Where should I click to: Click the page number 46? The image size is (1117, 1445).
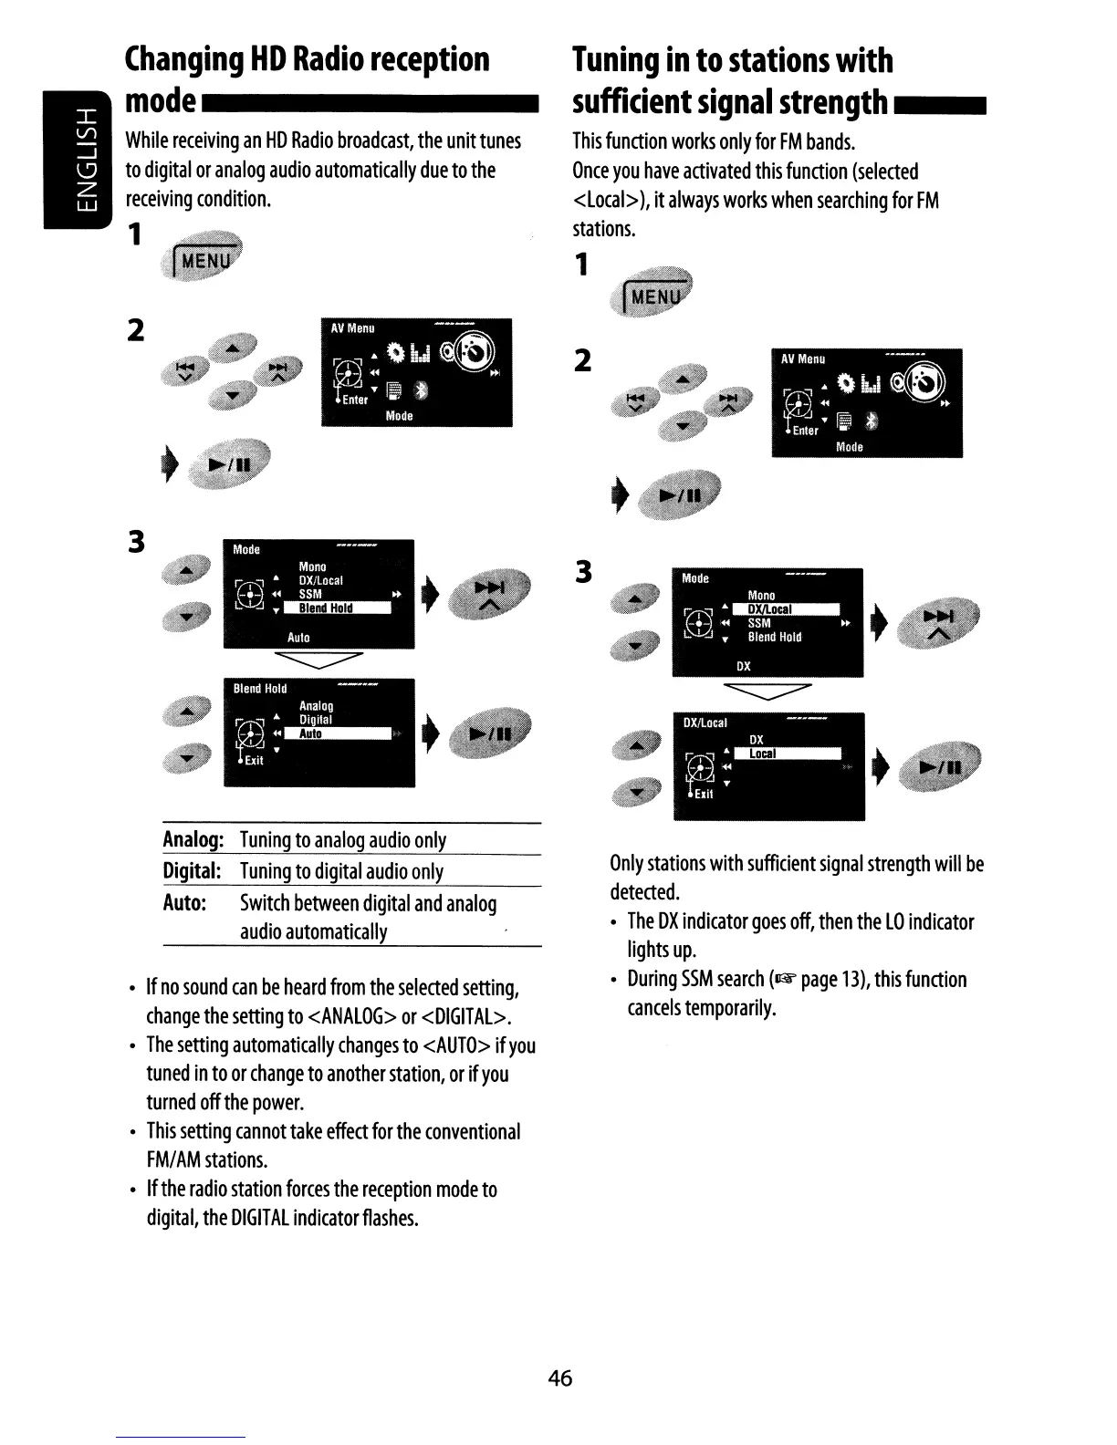tap(559, 1377)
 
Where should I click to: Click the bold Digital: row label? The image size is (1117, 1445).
tap(193, 871)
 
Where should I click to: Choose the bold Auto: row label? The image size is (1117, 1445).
tap(184, 903)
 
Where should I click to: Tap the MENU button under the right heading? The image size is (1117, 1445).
tap(656, 296)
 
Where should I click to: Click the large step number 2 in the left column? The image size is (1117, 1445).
tap(135, 329)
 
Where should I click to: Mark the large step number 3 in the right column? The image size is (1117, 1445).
tap(584, 572)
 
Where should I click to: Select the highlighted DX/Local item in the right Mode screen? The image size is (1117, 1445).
tap(770, 609)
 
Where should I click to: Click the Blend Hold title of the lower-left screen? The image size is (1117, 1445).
tap(260, 689)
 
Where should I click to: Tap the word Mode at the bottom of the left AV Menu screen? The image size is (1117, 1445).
tap(400, 415)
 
